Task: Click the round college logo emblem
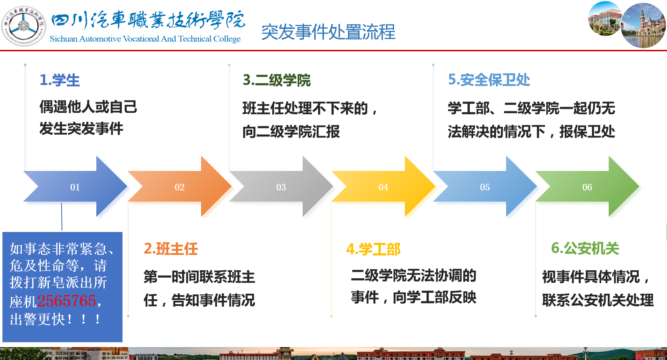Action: pyautogui.click(x=24, y=26)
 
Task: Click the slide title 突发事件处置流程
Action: pyautogui.click(x=328, y=32)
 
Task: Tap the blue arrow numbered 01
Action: pyautogui.click(x=75, y=187)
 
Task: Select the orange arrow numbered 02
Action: pyautogui.click(x=180, y=187)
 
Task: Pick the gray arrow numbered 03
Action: pyautogui.click(x=281, y=187)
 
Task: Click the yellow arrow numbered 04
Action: pyautogui.click(x=383, y=187)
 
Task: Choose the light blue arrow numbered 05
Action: pyautogui.click(x=485, y=187)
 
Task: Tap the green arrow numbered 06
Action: pyautogui.click(x=587, y=187)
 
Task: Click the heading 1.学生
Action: pyautogui.click(x=60, y=80)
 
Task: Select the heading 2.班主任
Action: pyautogui.click(x=171, y=249)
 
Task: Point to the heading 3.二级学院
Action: pyautogui.click(x=277, y=80)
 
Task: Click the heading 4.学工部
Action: pyautogui.click(x=373, y=249)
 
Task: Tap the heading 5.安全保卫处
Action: pyautogui.click(x=489, y=80)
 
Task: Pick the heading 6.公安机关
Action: pyautogui.click(x=585, y=248)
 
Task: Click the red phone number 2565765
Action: pyautogui.click(x=67, y=301)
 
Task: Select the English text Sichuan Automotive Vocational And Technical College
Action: pyautogui.click(x=145, y=39)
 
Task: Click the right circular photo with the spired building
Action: pyautogui.click(x=643, y=25)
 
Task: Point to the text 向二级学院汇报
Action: pyautogui.click(x=291, y=132)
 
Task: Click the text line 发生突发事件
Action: pyautogui.click(x=81, y=128)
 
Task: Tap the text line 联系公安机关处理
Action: pyautogui.click(x=598, y=300)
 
